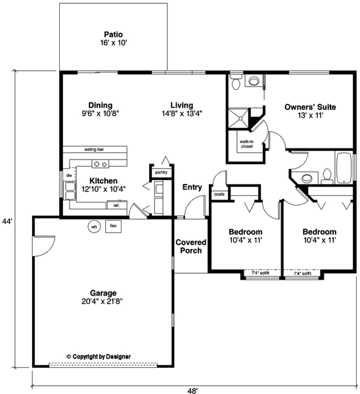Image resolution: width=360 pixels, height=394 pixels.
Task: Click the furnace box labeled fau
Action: (113, 226)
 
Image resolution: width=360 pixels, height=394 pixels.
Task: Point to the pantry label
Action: (161, 172)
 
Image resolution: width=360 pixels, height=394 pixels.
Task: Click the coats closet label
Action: (219, 194)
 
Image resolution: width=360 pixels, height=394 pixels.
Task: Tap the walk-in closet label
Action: (246, 144)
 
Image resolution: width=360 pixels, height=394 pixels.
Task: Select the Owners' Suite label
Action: (310, 106)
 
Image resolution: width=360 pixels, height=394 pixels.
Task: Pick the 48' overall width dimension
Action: (192, 389)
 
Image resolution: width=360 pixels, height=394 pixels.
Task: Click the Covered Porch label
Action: (191, 246)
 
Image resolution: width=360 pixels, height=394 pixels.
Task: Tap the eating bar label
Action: (95, 150)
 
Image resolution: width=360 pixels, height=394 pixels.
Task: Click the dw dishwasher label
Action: (68, 176)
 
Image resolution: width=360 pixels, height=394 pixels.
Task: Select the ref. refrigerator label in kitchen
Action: (116, 206)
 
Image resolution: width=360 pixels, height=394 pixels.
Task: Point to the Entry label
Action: (192, 187)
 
